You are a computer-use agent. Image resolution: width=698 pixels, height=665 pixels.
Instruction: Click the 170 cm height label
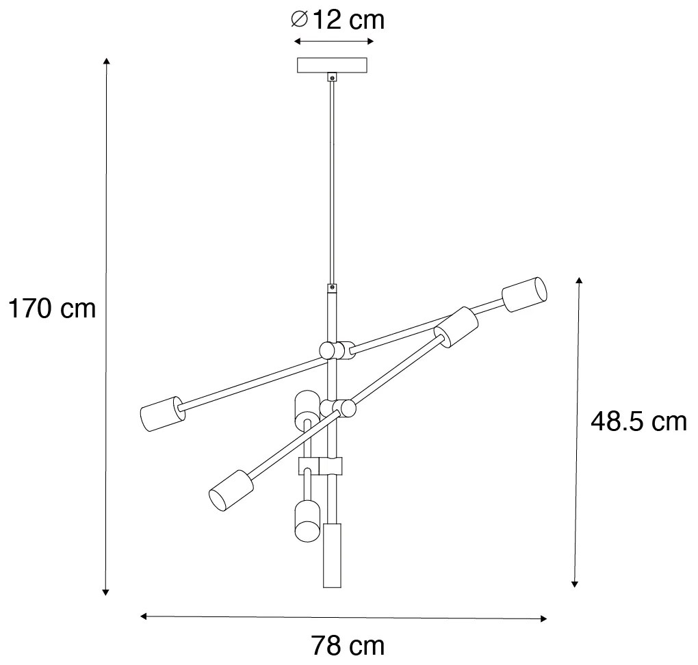51,309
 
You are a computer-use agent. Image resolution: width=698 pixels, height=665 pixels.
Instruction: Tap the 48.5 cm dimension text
638,421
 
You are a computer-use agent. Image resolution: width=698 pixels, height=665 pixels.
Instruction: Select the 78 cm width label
348,645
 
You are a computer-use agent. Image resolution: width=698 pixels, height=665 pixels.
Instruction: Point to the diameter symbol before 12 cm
298,21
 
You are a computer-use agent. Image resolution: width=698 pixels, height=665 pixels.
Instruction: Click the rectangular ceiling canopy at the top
333,66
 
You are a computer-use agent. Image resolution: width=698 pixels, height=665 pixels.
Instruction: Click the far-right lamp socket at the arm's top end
526,295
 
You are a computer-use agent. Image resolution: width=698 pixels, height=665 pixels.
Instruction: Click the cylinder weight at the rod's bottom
332,556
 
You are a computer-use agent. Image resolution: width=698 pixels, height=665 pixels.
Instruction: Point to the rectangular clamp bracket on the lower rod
320,466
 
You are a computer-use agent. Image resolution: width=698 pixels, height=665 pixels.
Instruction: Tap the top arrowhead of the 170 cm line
106,62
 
